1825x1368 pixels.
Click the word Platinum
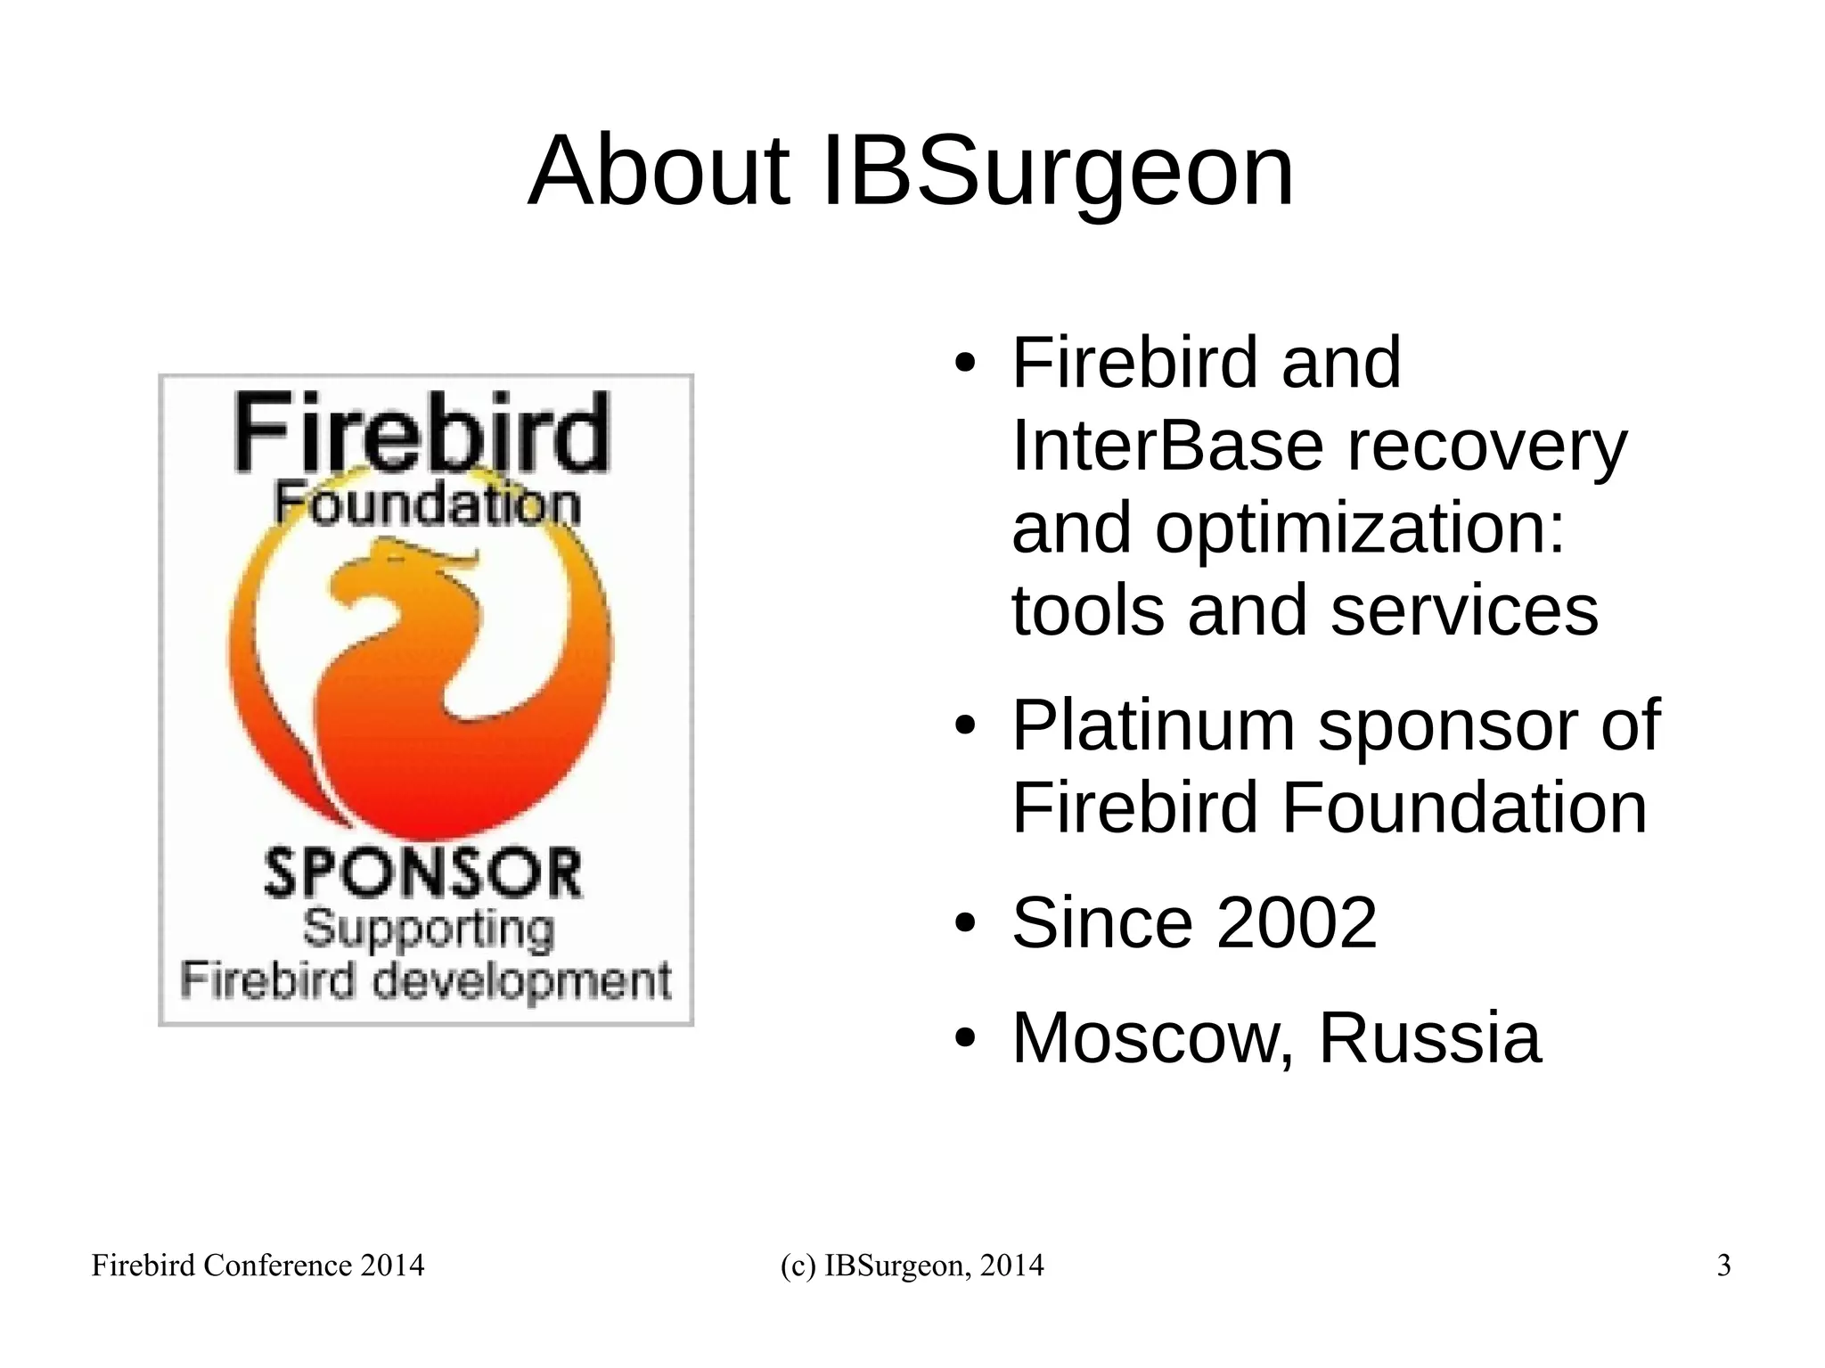click(1153, 726)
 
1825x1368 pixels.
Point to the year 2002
click(1297, 923)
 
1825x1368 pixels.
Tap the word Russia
click(1429, 1037)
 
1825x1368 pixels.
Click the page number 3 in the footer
click(1723, 1266)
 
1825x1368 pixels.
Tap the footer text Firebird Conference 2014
click(258, 1266)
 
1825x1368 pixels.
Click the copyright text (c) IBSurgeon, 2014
click(912, 1266)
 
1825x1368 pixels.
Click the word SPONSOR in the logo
click(424, 873)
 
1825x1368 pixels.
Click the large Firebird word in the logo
click(421, 434)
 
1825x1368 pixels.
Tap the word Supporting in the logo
click(429, 930)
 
